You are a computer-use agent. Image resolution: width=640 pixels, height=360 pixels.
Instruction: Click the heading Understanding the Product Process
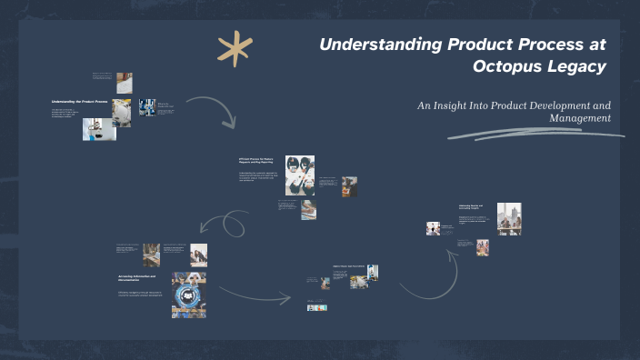tap(79, 101)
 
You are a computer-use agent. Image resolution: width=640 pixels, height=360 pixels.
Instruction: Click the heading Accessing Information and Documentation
tap(137, 277)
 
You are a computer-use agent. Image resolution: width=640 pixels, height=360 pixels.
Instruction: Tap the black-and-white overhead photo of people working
tap(300, 175)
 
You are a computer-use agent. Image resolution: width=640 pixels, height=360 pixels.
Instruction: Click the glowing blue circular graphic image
tap(189, 295)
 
